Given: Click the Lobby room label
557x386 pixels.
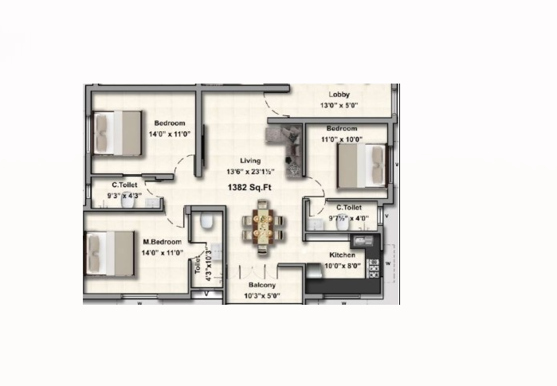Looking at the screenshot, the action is tap(339, 95).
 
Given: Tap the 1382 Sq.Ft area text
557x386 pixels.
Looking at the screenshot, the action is tap(249, 187).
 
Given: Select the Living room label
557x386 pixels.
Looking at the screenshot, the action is tap(250, 161).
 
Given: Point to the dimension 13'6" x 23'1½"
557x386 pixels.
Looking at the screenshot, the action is tap(250, 172).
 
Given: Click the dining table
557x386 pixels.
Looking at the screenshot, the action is tap(263, 226).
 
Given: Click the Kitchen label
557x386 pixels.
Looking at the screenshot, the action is tap(342, 255).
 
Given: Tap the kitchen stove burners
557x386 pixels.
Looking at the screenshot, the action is tap(374, 268).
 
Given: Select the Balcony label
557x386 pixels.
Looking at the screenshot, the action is tap(262, 285).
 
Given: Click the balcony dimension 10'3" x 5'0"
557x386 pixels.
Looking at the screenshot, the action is tap(262, 295).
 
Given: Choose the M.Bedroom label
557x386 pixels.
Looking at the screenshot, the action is tap(162, 242).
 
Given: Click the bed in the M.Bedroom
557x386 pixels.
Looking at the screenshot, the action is tap(109, 253).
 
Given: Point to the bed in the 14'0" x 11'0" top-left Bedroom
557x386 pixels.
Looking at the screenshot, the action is tap(117, 133).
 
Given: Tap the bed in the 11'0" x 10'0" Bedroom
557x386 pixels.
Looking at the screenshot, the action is tap(363, 166).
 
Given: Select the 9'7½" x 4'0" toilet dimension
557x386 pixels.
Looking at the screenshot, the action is tap(349, 218).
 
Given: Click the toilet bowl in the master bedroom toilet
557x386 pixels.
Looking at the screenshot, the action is tap(206, 220).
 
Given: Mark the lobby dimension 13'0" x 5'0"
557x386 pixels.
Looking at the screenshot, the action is tap(339, 105).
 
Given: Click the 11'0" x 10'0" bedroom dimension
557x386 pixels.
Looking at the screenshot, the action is tap(341, 139).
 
